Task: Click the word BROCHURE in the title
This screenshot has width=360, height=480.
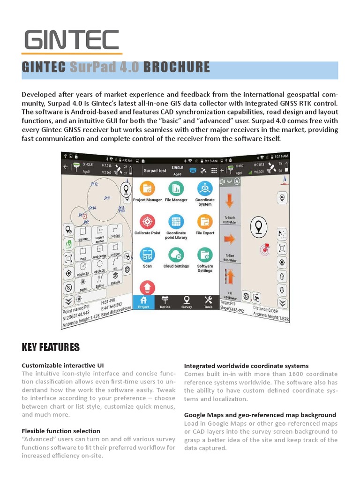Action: click(176, 67)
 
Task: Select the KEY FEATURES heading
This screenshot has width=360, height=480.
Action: click(51, 347)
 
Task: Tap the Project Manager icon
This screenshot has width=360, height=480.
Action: click(147, 188)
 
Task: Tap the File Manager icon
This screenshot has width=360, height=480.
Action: click(176, 188)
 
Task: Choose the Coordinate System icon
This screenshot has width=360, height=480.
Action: click(205, 188)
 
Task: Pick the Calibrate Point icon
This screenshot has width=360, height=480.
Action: click(147, 221)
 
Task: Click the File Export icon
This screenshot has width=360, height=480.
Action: click(205, 221)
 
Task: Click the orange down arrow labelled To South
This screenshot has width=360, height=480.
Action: click(229, 201)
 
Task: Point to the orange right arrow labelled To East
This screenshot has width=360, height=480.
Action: click(229, 240)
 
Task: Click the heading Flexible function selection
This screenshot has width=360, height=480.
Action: click(61, 431)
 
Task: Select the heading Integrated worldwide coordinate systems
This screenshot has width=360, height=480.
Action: click(246, 366)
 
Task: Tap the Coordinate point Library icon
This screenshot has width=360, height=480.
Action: click(176, 221)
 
